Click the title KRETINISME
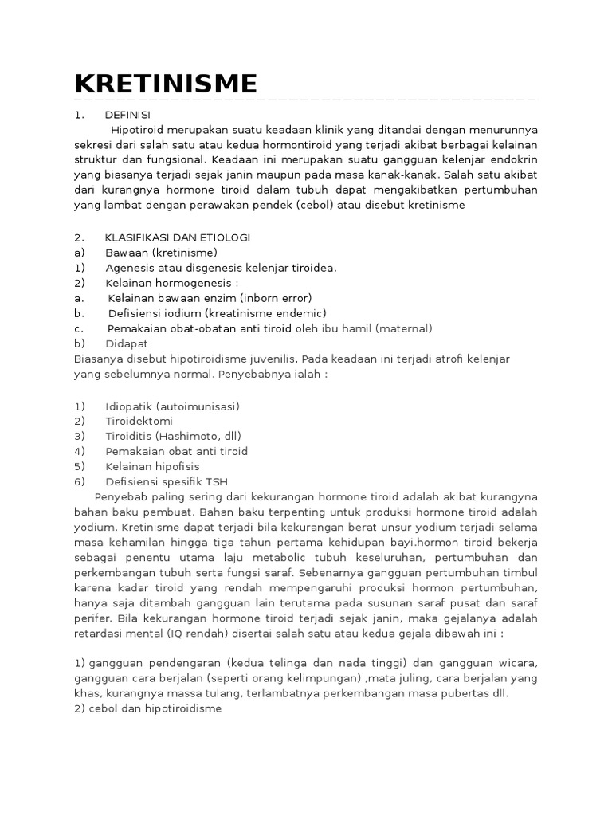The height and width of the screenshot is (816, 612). (x=166, y=83)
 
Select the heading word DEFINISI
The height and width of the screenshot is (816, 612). (x=127, y=115)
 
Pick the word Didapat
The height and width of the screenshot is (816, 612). (x=127, y=343)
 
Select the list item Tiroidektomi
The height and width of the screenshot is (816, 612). (x=139, y=421)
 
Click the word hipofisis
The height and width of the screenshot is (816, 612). (x=174, y=466)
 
